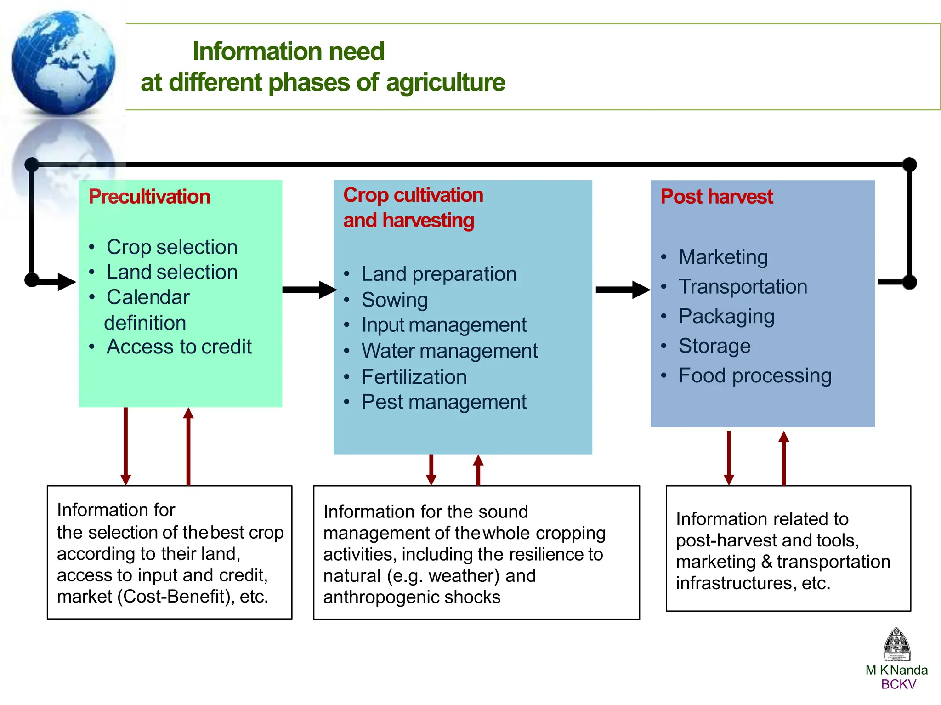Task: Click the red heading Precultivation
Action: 149,197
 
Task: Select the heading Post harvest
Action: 716,197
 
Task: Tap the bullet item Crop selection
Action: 171,247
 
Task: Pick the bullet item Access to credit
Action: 179,347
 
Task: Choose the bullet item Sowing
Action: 394,300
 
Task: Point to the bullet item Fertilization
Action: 414,377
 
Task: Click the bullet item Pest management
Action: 443,403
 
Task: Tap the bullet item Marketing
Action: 723,257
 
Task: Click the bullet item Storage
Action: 714,346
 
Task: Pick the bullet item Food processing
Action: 754,376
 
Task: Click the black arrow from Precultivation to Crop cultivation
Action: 308,290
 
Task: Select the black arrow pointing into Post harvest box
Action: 622,290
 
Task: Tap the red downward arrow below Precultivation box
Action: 126,446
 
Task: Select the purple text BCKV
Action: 898,684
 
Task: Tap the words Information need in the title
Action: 289,51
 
